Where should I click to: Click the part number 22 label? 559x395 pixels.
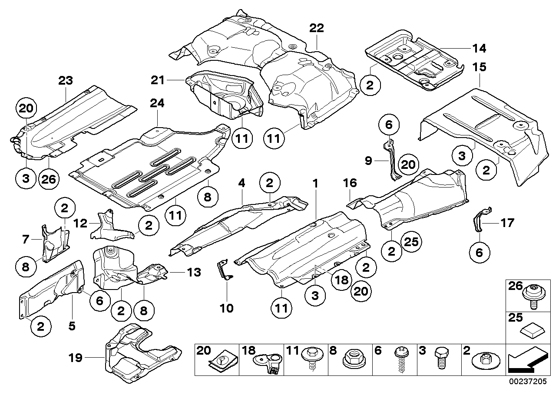[317, 28]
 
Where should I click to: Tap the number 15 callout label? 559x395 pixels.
[480, 68]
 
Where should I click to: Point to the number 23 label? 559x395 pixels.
[66, 80]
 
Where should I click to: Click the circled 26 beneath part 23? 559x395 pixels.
[49, 178]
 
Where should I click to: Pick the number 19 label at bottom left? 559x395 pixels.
[76, 358]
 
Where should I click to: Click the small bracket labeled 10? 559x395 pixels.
[224, 270]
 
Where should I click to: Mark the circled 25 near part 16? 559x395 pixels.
[411, 242]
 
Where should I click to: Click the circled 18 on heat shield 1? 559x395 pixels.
[341, 280]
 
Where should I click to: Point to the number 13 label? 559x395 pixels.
[194, 273]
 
